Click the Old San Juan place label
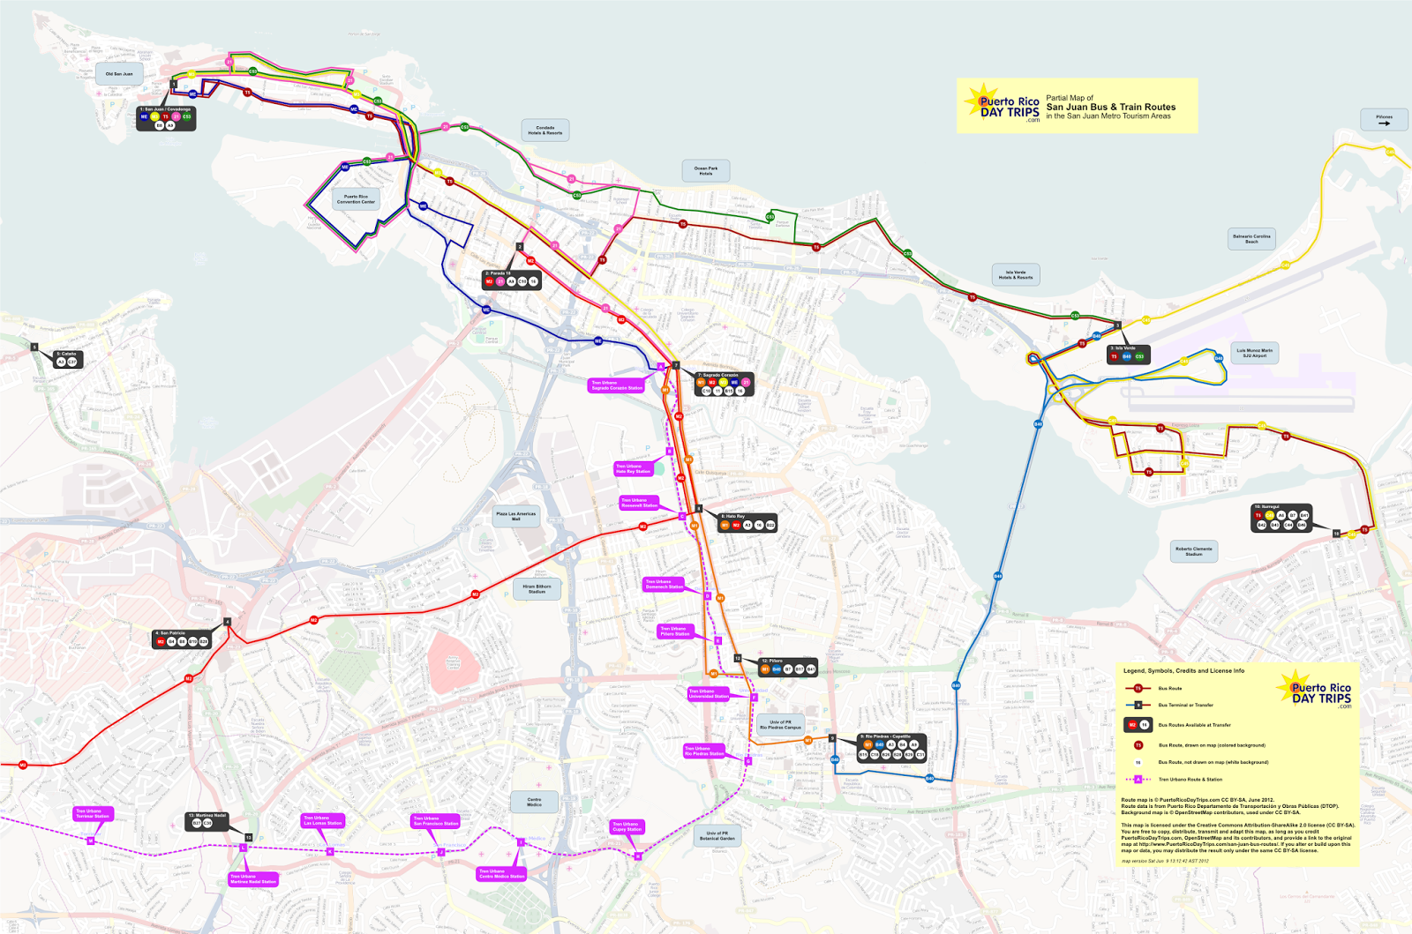coord(119,74)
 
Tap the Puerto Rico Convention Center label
coord(356,199)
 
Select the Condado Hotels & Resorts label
coord(545,131)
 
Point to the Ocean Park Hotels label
coord(706,171)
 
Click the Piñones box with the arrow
coord(1384,120)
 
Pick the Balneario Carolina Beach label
coord(1251,238)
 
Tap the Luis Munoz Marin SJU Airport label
coord(1254,353)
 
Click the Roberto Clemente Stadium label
coord(1194,551)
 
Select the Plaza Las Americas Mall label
coord(515,516)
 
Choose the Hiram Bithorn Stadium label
coord(537,589)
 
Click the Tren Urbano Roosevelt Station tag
coord(639,503)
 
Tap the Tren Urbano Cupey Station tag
coord(626,826)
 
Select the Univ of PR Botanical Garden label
coord(717,835)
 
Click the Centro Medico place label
coord(535,802)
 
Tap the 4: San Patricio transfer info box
coord(182,639)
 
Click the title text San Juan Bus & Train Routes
coord(1110,107)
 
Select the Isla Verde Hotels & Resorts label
coord(1015,274)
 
